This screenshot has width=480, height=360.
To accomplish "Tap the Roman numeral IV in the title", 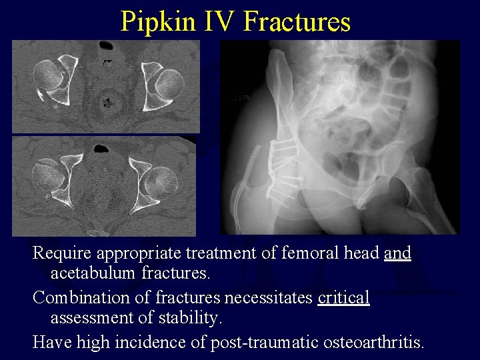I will coord(217,21).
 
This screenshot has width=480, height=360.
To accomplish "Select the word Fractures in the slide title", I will coord(297,21).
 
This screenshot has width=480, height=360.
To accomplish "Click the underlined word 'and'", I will coord(397,253).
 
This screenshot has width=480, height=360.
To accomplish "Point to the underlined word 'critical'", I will coord(343,297).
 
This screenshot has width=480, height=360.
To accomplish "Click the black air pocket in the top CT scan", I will coord(106,46).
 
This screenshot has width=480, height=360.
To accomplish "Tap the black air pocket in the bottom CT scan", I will coord(103,148).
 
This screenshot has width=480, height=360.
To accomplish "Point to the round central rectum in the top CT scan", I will coord(106,103).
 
